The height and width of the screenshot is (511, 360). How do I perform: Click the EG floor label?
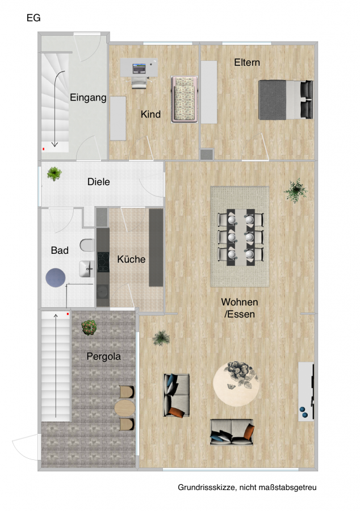pos(34,18)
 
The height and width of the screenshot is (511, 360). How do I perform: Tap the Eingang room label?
pos(88,98)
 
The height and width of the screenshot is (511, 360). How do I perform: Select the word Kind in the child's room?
pos(150,114)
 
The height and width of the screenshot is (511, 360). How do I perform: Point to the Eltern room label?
pos(247,62)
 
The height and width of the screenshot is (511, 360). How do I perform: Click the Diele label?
pos(98,182)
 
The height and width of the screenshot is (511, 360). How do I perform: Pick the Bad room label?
pos(60,250)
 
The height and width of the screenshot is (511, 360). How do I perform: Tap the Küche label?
pos(131,259)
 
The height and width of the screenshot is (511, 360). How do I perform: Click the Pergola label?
pos(103,356)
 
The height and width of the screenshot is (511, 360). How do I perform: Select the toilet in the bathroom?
pos(87,245)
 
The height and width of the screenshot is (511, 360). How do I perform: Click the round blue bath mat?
pos(56,278)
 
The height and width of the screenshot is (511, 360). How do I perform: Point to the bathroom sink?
pos(87,269)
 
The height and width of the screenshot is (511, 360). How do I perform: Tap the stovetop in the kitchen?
pos(103,262)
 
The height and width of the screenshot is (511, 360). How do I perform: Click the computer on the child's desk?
pos(139,69)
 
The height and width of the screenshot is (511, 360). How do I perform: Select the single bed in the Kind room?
pos(185,99)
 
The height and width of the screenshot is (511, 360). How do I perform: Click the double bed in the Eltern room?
pos(286,99)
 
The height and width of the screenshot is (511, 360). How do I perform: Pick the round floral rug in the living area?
pos(237,384)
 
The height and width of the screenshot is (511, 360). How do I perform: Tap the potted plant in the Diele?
pos(54,173)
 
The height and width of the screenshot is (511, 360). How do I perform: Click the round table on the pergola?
pos(124,408)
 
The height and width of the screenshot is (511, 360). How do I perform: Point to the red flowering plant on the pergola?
pos(89,327)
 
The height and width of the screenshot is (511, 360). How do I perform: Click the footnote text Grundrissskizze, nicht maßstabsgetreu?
pos(247,487)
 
